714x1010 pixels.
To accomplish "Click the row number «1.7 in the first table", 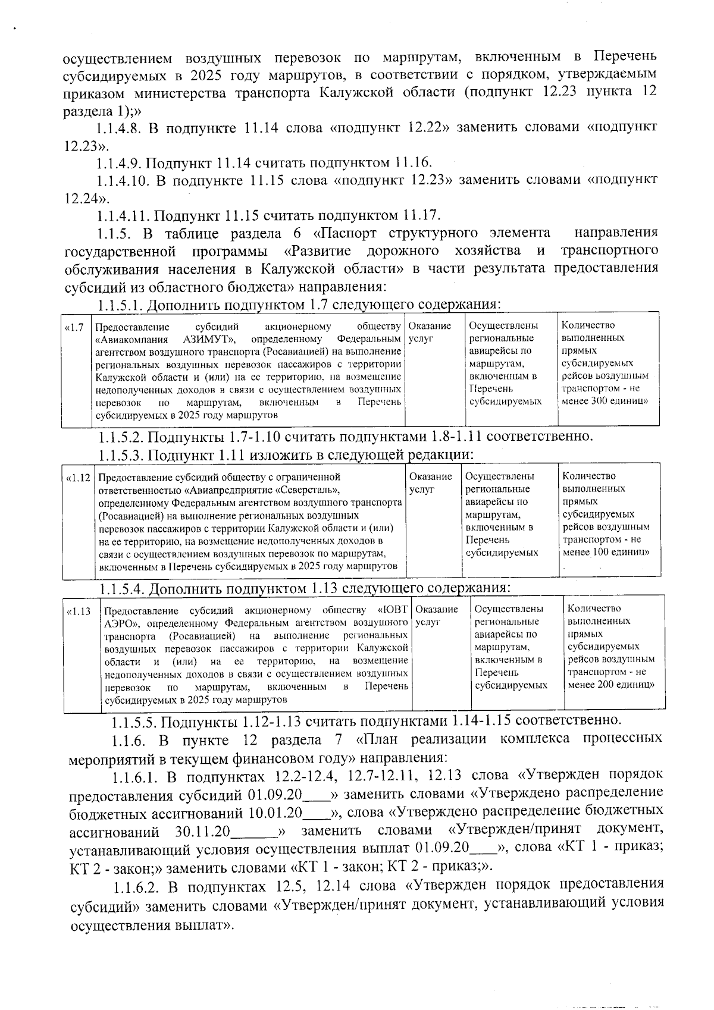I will point(74,327).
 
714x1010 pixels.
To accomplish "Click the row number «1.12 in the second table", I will point(78,477).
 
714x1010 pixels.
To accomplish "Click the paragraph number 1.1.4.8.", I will point(119,128).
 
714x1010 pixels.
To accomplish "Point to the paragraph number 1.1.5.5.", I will point(135,722).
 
